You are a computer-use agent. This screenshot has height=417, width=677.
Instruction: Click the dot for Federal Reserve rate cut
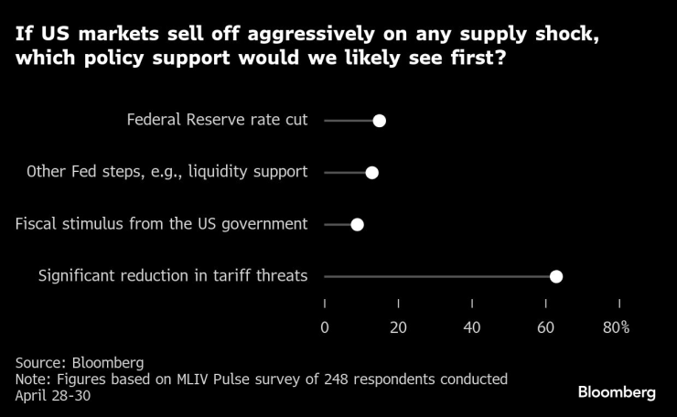point(380,121)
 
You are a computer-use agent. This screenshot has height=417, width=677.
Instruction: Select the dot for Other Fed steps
point(371,173)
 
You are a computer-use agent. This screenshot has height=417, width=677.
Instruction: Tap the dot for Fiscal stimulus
point(358,224)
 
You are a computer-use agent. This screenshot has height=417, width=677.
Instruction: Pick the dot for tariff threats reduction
point(556,276)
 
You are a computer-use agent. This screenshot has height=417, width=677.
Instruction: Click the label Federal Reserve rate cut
point(217,120)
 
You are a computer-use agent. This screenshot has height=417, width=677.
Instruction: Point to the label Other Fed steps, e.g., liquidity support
point(167,172)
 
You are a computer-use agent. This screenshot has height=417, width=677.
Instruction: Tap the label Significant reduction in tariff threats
point(173,276)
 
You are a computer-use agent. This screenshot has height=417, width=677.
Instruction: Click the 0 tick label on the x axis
point(325,327)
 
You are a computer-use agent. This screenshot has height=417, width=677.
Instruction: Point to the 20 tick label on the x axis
point(398,327)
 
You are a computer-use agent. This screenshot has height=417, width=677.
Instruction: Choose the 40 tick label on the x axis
point(472,327)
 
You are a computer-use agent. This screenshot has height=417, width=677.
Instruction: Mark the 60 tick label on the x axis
point(546,327)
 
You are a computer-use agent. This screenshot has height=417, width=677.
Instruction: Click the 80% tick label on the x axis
point(616,327)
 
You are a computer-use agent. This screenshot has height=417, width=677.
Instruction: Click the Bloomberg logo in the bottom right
point(617,392)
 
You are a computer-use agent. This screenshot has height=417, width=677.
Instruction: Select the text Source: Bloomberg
point(80,362)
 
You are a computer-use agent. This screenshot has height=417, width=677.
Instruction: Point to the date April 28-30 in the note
point(53,395)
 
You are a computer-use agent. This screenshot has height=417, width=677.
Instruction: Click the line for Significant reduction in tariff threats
point(439,276)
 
